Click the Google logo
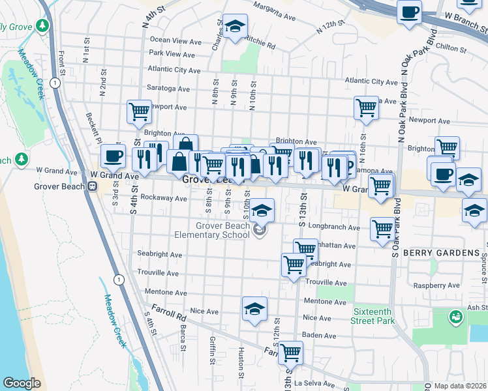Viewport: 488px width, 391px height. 22,383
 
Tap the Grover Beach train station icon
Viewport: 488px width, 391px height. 93,186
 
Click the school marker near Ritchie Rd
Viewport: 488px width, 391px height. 235,27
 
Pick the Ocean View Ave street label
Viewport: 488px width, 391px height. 175,41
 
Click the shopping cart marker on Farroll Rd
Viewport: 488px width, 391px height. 290,353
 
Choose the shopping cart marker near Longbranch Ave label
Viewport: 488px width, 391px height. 382,228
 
